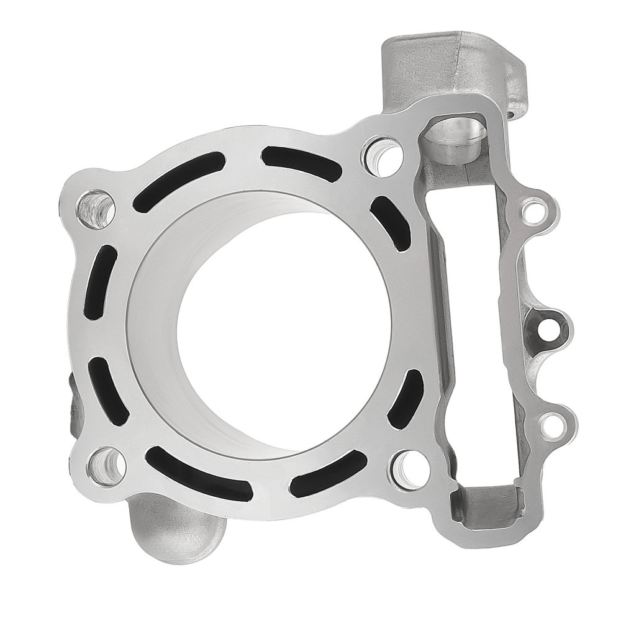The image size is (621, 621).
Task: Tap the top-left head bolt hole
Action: click(x=96, y=207)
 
